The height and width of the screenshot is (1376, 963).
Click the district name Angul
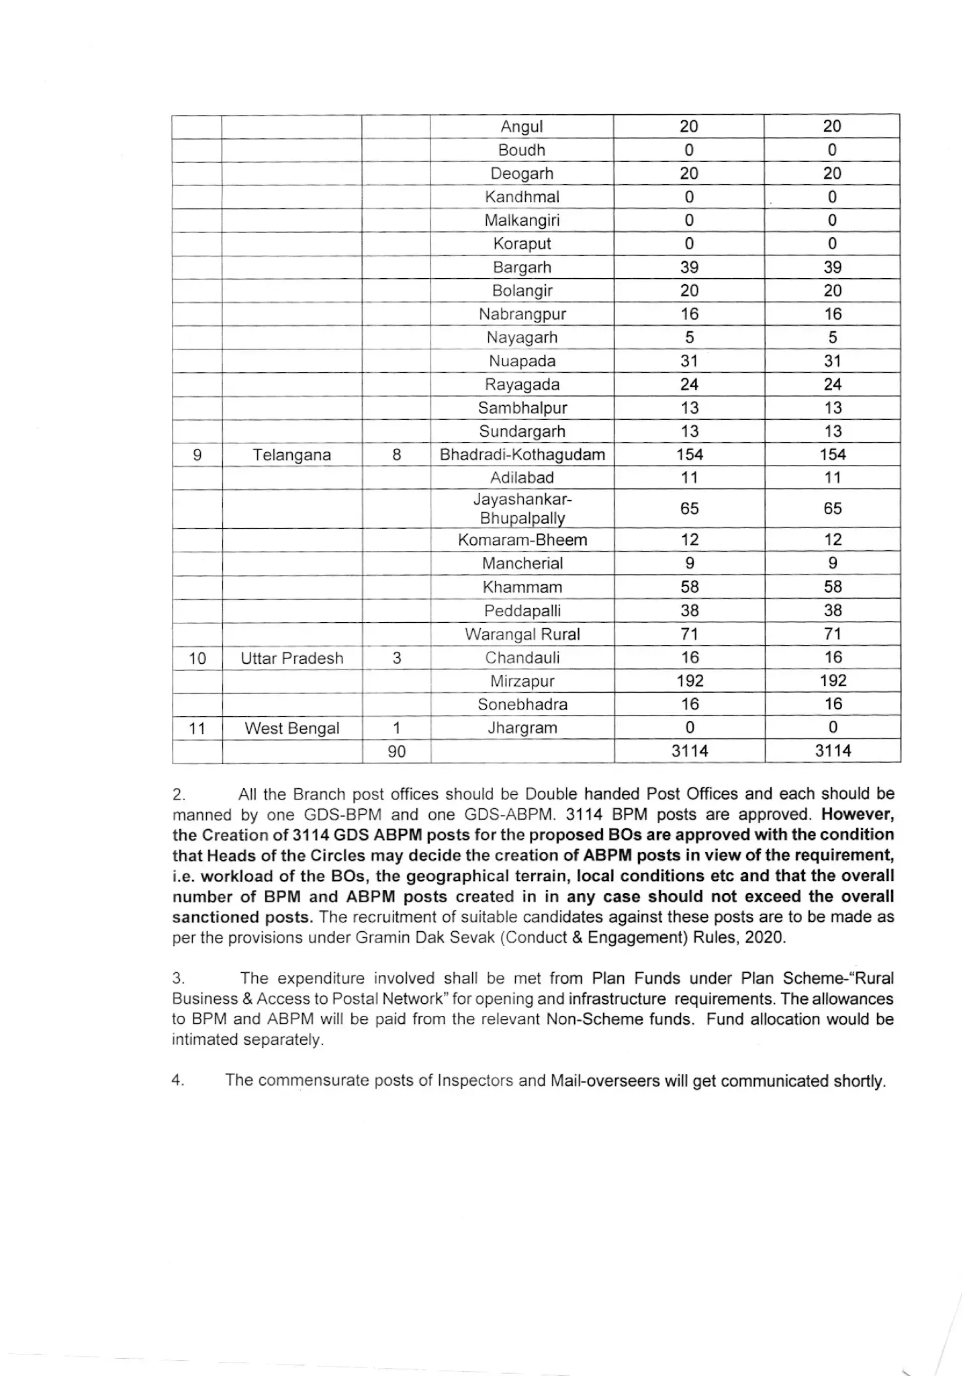tap(522, 126)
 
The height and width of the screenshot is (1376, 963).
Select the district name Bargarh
tap(522, 267)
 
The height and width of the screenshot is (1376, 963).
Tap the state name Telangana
tap(291, 455)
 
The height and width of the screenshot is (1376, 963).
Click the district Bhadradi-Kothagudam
tap(522, 455)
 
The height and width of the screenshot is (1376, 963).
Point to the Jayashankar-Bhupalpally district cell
tap(522, 509)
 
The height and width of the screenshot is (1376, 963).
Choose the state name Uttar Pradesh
tap(291, 658)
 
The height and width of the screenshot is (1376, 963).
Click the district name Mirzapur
tap(522, 681)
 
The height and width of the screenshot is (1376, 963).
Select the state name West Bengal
tap(291, 728)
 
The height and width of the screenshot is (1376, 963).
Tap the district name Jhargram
tap(522, 728)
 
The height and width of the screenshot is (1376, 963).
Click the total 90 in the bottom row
tap(397, 752)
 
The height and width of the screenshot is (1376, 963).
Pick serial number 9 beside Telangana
tap(197, 455)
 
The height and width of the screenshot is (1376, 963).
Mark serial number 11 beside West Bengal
tap(197, 728)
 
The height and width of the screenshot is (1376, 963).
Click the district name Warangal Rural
tap(522, 634)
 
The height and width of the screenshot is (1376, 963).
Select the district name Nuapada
tap(522, 361)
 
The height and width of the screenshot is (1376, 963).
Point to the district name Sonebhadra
tap(522, 705)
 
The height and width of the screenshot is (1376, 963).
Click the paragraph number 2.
tap(178, 795)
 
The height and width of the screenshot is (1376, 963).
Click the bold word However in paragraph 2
tap(858, 814)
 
